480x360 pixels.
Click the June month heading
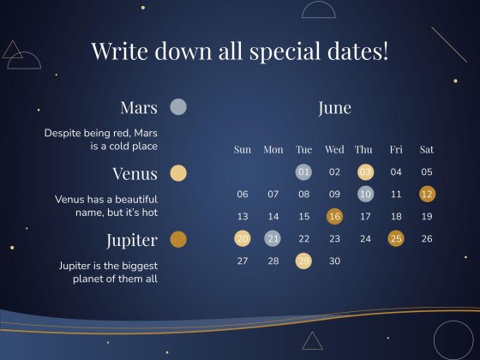click(334, 108)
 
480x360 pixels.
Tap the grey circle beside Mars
click(178, 107)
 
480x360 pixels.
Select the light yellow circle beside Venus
click(178, 173)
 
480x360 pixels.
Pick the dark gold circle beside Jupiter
click(178, 239)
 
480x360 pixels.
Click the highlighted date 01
click(303, 171)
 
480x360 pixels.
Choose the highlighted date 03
click(365, 171)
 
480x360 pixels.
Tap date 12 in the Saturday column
click(427, 194)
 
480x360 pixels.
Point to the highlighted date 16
click(334, 216)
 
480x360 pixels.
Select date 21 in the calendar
click(273, 238)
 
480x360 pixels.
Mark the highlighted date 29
click(303, 261)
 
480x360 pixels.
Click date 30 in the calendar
click(334, 261)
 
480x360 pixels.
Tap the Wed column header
click(334, 150)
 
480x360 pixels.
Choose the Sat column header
click(427, 150)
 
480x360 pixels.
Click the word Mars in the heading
click(139, 107)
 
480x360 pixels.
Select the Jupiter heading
click(132, 241)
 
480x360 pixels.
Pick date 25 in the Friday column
click(396, 238)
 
